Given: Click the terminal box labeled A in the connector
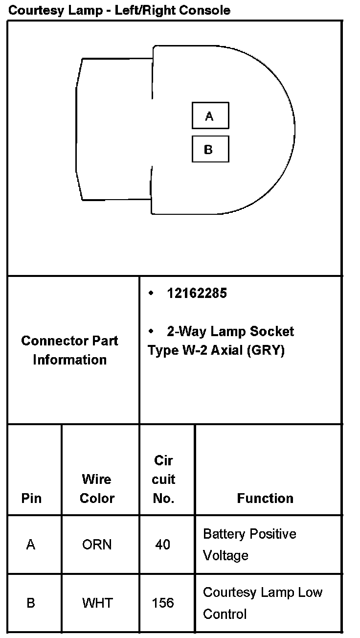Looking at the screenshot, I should point(210,115).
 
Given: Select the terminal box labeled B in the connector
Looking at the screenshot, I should point(210,149).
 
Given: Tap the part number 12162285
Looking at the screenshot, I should point(197,293).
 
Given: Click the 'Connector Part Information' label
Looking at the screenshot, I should point(69,350).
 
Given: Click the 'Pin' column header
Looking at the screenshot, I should point(31,498).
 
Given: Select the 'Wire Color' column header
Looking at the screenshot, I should point(97,488).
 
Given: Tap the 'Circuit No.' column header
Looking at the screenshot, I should point(163,479).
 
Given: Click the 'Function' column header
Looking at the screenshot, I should point(265,498).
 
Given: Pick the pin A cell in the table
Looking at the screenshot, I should point(31,545).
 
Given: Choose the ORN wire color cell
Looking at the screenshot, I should point(97,545).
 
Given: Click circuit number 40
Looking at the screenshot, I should point(162,545).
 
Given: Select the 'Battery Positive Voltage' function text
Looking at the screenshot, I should point(249,544).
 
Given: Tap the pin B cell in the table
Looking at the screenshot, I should point(31,603).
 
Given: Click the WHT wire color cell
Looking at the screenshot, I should point(97,603).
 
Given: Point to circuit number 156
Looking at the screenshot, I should point(162,603).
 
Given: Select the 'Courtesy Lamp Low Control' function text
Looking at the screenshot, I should point(262,603).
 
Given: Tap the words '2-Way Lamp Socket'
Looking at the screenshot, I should point(230,332).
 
